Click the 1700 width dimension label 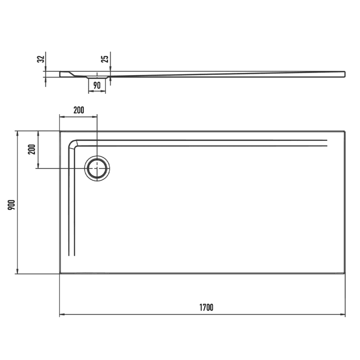[206, 308]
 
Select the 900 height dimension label [11, 204]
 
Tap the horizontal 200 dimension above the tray [79, 110]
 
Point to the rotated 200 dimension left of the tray [31, 149]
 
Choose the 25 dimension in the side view [105, 59]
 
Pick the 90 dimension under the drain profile [96, 85]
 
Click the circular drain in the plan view [97, 168]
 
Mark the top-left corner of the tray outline [60, 131]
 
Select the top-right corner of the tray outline [345, 131]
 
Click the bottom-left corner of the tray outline [60, 273]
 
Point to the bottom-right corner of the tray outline [345, 273]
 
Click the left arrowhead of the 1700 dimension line [61, 314]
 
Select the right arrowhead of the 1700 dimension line [343, 314]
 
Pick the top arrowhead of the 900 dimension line [18, 133]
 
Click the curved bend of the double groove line [74, 144]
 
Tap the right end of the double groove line [327, 143]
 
